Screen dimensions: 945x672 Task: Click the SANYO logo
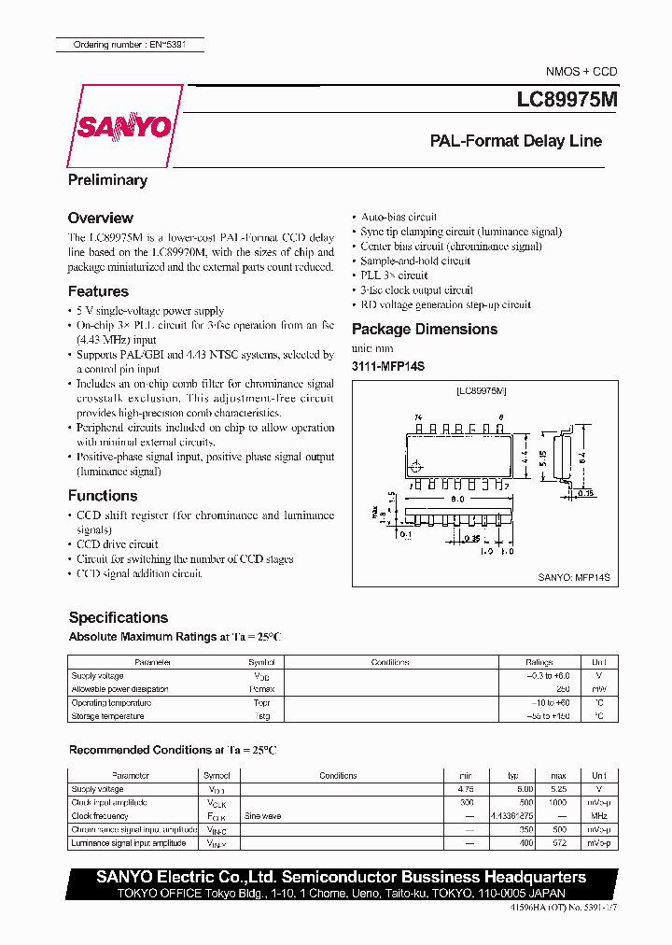tap(125, 127)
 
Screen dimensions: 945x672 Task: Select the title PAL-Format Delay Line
tap(515, 142)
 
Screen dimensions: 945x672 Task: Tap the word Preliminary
tap(107, 180)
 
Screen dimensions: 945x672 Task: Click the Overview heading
tap(101, 218)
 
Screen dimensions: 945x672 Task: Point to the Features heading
tap(98, 291)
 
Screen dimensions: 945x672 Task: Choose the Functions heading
tap(103, 496)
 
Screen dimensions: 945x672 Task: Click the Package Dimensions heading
tap(425, 329)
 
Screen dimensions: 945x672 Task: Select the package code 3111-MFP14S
tap(387, 367)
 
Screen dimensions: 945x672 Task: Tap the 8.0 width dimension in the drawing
tap(457, 500)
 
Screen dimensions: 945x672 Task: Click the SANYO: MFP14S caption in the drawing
tap(573, 579)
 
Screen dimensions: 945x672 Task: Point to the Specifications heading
tap(119, 617)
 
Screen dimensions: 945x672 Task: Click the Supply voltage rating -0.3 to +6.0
tap(547, 675)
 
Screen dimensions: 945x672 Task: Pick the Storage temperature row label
tap(107, 716)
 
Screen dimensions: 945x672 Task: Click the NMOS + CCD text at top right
tap(581, 72)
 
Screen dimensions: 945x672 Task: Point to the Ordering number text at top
tap(127, 44)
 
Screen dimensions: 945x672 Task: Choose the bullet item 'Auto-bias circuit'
tap(399, 217)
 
